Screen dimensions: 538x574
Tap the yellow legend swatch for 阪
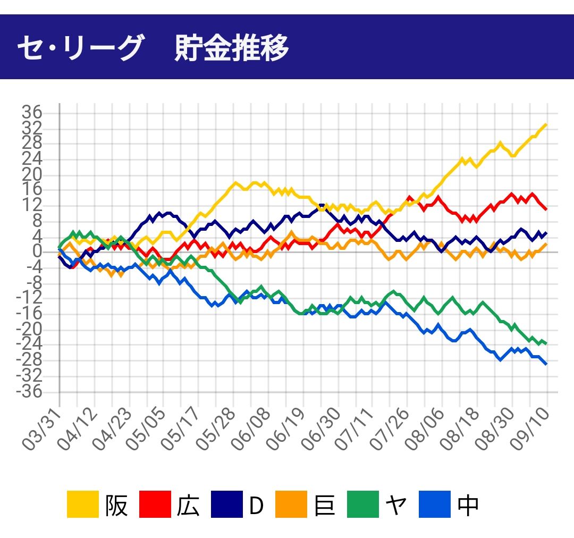pyautogui.click(x=83, y=505)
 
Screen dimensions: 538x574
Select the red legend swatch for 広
pyautogui.click(x=155, y=505)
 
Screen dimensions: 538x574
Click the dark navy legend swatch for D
pyautogui.click(x=227, y=505)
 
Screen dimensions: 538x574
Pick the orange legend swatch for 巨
pyautogui.click(x=291, y=505)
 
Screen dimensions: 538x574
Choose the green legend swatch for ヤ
pyautogui.click(x=364, y=505)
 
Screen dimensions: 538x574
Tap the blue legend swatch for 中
pyautogui.click(x=435, y=505)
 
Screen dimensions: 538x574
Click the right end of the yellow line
pyautogui.click(x=546, y=124)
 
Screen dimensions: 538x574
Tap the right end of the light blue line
pyautogui.click(x=546, y=364)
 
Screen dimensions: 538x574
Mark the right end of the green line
pyautogui.click(x=546, y=344)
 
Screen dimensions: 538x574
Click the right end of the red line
pyautogui.click(x=546, y=209)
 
